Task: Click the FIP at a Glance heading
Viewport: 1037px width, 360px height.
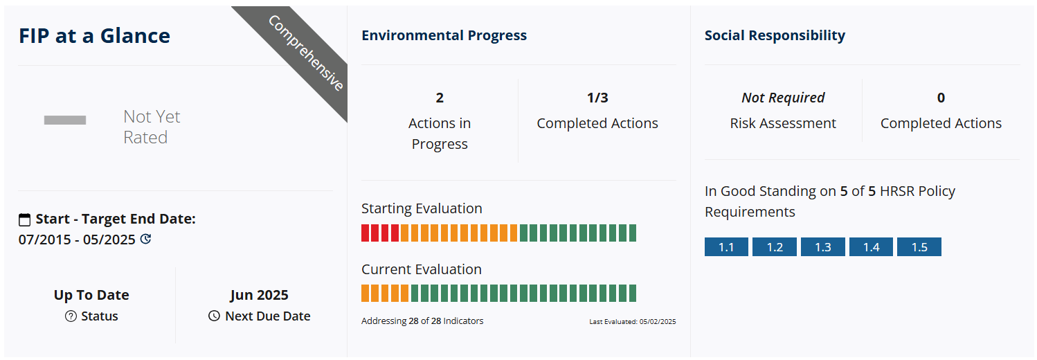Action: click(94, 35)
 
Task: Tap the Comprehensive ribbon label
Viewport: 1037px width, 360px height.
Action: click(306, 53)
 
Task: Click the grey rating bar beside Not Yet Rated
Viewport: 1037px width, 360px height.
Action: click(65, 120)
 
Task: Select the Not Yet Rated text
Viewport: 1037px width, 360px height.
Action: click(152, 127)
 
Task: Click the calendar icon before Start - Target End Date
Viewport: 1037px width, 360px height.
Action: click(24, 219)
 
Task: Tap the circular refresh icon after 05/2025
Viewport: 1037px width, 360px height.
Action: click(146, 239)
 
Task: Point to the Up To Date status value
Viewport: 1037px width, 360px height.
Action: click(91, 295)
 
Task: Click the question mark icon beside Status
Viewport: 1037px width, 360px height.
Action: click(71, 316)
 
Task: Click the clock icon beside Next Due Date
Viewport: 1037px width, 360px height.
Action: click(214, 316)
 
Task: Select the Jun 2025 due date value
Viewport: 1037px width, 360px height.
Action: click(259, 295)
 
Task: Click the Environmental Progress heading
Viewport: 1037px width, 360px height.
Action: click(444, 35)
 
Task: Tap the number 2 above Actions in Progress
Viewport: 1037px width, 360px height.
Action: click(440, 98)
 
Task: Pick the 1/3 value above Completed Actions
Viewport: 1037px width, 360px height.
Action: click(597, 98)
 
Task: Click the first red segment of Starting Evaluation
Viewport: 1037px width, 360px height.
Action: click(366, 233)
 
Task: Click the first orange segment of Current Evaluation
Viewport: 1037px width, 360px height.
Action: click(366, 294)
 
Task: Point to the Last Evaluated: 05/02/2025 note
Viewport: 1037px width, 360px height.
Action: click(633, 322)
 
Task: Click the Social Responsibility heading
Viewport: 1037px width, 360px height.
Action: click(775, 35)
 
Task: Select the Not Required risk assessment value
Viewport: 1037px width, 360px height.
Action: click(784, 98)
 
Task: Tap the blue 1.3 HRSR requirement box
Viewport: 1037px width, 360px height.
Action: click(823, 246)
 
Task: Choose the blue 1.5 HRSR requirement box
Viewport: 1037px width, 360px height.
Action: click(919, 246)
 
